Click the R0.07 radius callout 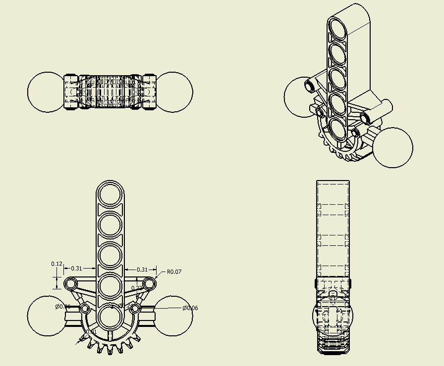click(x=174, y=272)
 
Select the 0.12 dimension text click(x=56, y=264)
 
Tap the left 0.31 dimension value click(x=76, y=269)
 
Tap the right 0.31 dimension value click(x=142, y=270)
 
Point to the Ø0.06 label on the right click(x=190, y=308)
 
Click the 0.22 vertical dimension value click(x=136, y=288)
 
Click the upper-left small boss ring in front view click(x=70, y=283)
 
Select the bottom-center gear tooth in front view click(x=110, y=348)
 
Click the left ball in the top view click(x=46, y=92)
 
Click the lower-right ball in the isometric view click(x=392, y=147)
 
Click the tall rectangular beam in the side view click(x=333, y=228)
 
